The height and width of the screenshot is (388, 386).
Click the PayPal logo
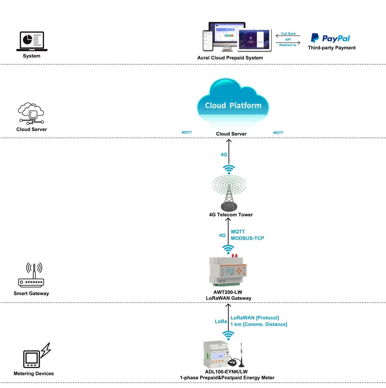(330, 38)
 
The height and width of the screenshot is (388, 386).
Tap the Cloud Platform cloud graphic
(233, 103)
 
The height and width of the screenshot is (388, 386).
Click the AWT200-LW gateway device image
(228, 271)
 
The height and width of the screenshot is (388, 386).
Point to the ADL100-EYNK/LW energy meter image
(216, 355)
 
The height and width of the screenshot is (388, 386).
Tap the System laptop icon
(32, 41)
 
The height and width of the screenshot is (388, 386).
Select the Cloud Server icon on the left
(31, 114)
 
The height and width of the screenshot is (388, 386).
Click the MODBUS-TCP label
(247, 238)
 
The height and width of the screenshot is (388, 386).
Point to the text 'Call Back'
(288, 34)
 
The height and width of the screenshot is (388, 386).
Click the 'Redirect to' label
(288, 45)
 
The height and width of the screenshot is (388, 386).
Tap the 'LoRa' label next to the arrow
(221, 321)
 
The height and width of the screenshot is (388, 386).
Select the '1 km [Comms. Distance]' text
(259, 324)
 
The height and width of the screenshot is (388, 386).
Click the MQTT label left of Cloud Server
(187, 132)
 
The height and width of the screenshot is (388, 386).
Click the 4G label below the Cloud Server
(224, 155)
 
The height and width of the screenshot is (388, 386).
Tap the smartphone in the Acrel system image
(208, 40)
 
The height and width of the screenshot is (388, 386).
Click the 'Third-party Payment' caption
(332, 48)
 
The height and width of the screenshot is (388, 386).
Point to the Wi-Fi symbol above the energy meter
(228, 335)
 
